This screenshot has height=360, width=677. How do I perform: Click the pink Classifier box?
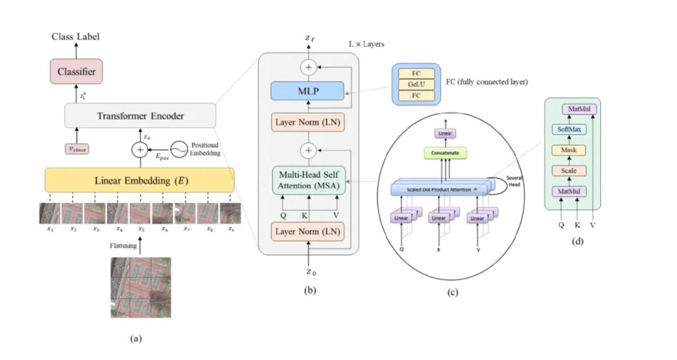pyautogui.click(x=76, y=72)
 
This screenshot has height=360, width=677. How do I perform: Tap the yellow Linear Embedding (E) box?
pyautogui.click(x=139, y=181)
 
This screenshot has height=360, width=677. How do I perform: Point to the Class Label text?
pyautogui.click(x=76, y=37)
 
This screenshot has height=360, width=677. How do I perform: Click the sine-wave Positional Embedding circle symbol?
pyautogui.click(x=179, y=149)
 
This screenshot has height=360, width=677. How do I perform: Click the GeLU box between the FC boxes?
pyautogui.click(x=416, y=84)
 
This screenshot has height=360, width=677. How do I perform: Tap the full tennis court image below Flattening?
pyautogui.click(x=140, y=288)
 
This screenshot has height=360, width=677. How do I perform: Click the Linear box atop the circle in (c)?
pyautogui.click(x=442, y=133)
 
